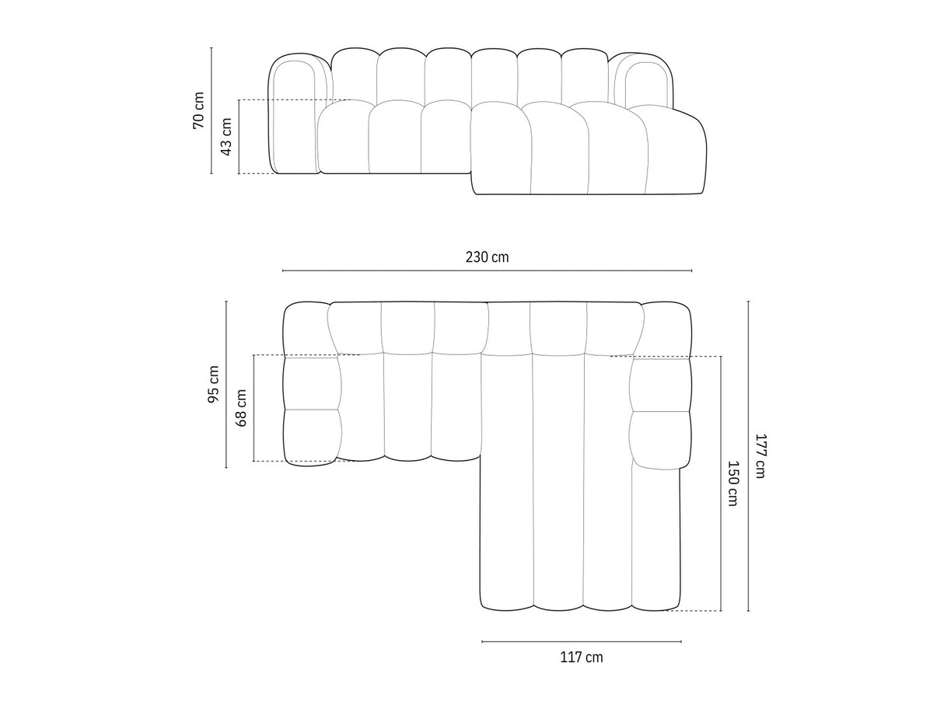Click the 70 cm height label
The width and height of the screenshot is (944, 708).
199,110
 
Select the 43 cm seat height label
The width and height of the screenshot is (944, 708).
226,136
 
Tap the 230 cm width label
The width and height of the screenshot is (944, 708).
488,257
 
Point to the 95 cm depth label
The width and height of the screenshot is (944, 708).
214,385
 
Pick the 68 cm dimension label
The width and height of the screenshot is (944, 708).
241,408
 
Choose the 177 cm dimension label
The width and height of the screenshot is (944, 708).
760,456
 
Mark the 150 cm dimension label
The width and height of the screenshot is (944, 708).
732,483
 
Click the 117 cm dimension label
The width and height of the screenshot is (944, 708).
582,657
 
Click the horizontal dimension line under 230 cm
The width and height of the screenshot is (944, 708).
488,270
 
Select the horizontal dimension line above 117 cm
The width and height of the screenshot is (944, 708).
582,641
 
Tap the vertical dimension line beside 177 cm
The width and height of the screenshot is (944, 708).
748,456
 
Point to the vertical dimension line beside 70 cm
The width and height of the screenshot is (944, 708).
212,110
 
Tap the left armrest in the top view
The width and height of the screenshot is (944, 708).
311,385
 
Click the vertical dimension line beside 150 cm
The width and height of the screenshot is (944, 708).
721,483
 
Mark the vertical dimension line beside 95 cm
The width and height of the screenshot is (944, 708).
226,385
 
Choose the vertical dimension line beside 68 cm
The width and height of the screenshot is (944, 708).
253,408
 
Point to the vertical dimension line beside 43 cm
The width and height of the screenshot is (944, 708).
239,136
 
